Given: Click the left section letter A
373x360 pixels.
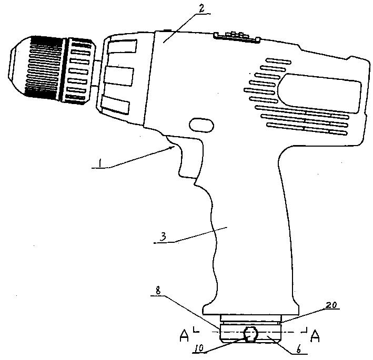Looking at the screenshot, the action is click(x=184, y=335).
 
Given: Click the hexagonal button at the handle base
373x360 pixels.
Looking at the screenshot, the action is click(x=251, y=334).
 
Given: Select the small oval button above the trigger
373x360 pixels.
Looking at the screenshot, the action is click(x=200, y=125).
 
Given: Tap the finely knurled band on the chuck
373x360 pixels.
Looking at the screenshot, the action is click(x=47, y=67).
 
